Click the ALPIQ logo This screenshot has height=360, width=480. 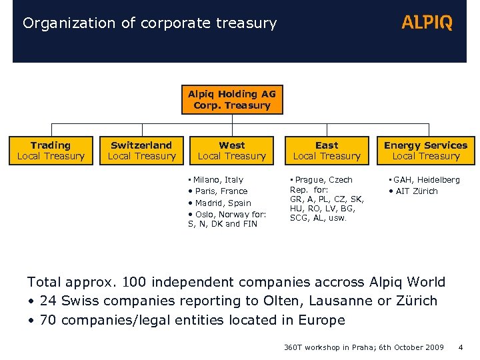[427, 23]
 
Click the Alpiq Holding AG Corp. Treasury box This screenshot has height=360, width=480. [232, 100]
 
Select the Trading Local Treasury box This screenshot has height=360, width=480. [51, 151]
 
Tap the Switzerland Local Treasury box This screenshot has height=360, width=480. [141, 151]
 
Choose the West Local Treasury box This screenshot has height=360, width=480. [232, 151]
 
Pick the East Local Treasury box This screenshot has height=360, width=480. [327, 151]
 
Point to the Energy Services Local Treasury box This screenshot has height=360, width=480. [425, 151]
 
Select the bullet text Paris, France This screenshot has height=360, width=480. [221, 191]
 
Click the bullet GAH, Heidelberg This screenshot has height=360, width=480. [427, 180]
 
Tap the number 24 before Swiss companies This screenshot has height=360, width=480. [48, 301]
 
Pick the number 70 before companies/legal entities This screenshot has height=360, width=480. [48, 320]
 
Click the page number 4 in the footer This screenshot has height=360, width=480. [461, 347]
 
